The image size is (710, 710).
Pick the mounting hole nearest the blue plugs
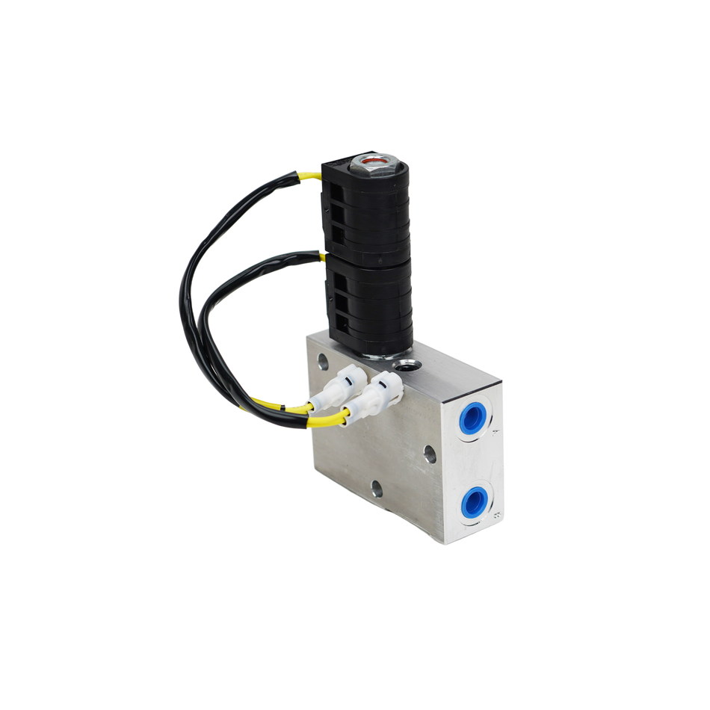pos(430,453)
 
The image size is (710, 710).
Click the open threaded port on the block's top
pos(407,365)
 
